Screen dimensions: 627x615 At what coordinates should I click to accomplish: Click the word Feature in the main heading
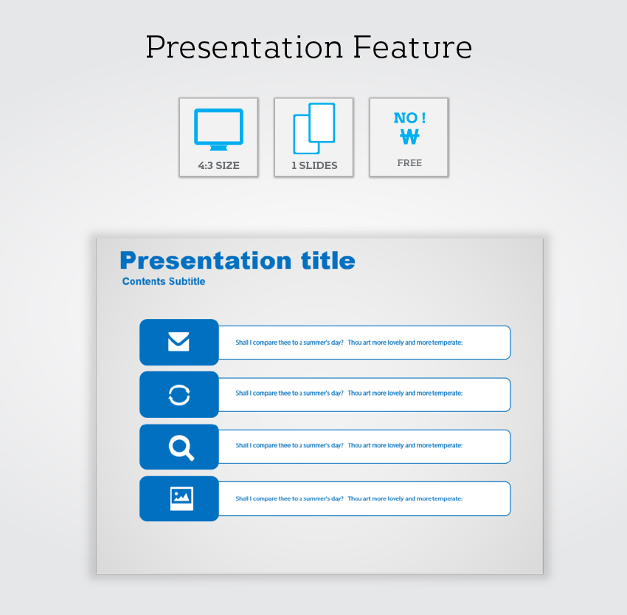click(x=412, y=47)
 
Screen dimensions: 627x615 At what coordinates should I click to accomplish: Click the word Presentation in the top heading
click(x=244, y=47)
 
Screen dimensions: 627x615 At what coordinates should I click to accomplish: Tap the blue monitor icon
click(x=219, y=129)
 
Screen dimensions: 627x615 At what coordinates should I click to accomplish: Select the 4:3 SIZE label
click(x=219, y=165)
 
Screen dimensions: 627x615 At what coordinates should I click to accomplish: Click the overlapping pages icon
click(x=314, y=128)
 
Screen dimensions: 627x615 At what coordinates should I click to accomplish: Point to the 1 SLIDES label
click(x=314, y=165)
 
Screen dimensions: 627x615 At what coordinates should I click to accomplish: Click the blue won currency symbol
click(x=409, y=137)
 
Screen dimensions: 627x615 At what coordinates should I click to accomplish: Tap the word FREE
click(x=409, y=163)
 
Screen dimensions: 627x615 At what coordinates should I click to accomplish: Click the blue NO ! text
click(x=409, y=117)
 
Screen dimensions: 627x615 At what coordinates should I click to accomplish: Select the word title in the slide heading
click(x=328, y=261)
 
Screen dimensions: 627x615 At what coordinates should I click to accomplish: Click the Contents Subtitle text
click(x=164, y=281)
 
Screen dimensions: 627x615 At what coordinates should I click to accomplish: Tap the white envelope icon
click(x=179, y=342)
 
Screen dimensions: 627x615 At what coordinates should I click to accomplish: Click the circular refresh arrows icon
click(x=179, y=395)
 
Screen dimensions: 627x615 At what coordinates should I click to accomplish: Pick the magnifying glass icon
click(x=181, y=447)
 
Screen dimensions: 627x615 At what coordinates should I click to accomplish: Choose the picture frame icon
click(x=181, y=498)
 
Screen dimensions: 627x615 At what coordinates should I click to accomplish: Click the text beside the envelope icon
click(x=349, y=343)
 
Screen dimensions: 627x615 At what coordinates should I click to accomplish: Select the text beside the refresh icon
click(x=349, y=394)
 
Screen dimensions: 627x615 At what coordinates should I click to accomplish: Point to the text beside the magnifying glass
click(x=349, y=445)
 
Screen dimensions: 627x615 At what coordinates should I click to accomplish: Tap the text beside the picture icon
click(x=349, y=498)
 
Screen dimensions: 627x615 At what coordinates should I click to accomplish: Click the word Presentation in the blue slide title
click(x=206, y=261)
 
